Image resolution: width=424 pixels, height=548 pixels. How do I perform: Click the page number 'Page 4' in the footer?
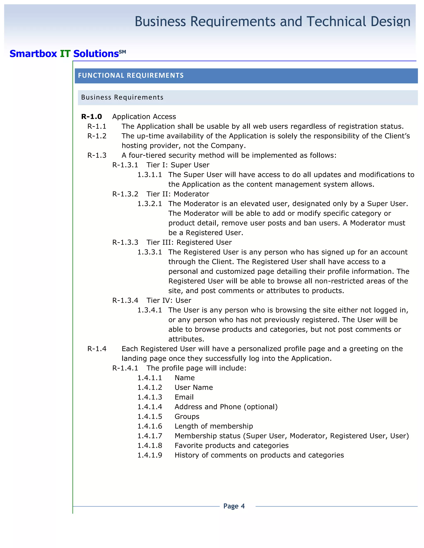(x=234, y=506)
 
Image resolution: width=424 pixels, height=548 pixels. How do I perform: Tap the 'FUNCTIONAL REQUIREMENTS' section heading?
(x=131, y=75)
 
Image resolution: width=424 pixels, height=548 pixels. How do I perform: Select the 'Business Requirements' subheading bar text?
(x=122, y=97)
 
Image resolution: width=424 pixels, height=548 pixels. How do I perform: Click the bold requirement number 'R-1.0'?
(x=92, y=117)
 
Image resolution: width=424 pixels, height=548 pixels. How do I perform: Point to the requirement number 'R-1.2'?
(x=97, y=136)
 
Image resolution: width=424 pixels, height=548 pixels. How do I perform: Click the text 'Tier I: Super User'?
(x=178, y=165)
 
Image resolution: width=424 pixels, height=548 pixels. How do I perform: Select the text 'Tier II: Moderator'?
(x=178, y=194)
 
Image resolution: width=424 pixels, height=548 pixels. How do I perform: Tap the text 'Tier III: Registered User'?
(x=189, y=242)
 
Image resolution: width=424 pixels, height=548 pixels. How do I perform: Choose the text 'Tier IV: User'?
(x=169, y=300)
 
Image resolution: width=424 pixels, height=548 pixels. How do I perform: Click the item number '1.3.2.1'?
(x=149, y=204)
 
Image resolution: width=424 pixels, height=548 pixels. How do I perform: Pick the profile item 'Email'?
(x=184, y=397)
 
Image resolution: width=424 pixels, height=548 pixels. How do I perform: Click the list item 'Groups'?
(x=187, y=416)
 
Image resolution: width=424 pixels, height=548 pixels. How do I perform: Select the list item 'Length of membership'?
(x=213, y=426)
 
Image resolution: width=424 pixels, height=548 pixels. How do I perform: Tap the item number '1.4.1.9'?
(x=149, y=455)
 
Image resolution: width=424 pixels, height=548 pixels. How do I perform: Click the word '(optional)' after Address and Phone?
(x=260, y=407)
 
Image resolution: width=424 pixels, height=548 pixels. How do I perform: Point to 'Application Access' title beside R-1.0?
(x=144, y=117)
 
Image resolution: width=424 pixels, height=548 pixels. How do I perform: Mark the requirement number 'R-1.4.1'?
(x=125, y=368)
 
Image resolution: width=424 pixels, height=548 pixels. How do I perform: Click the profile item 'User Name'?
(x=194, y=387)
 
